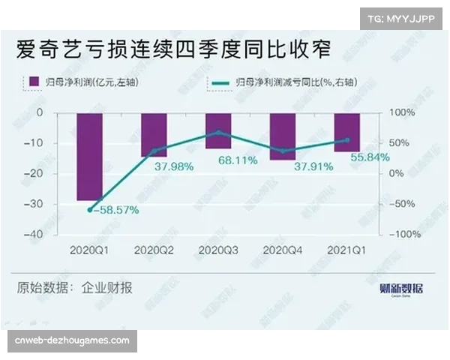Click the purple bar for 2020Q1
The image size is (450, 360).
[x=89, y=157]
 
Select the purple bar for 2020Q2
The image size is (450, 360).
[x=154, y=135]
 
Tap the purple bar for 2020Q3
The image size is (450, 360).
[x=218, y=130]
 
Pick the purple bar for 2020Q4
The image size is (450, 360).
[x=283, y=136]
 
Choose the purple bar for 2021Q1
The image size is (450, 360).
[x=346, y=132]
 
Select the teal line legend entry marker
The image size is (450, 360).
[x=220, y=81]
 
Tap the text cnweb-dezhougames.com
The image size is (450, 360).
[x=72, y=340]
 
